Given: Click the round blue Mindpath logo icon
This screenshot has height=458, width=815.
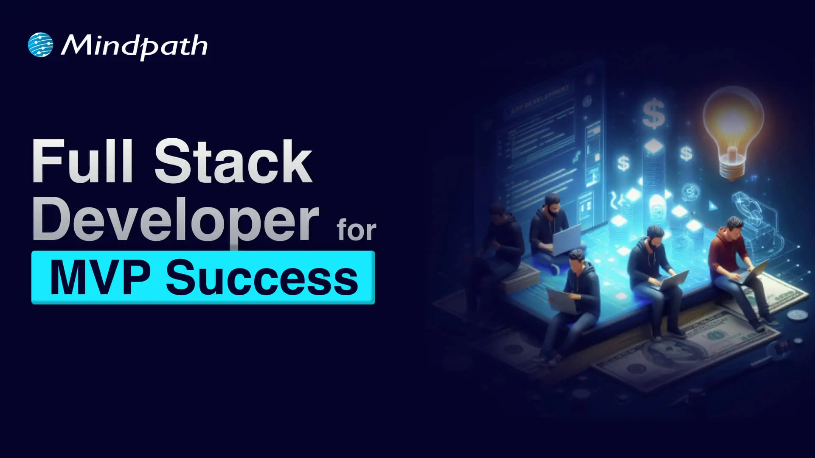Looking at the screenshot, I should point(40,45).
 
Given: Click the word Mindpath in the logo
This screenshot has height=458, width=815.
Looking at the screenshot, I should point(134,46).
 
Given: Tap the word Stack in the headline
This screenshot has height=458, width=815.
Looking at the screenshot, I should point(233,162).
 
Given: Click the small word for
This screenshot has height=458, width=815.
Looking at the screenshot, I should point(356,230).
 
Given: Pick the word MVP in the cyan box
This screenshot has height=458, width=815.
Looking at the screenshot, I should point(100,278).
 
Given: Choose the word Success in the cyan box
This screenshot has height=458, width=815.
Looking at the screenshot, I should point(262,278).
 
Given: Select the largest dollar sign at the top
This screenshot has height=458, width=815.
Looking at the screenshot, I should point(654,113).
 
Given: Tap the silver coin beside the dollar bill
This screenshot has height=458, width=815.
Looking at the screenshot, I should point(797,315).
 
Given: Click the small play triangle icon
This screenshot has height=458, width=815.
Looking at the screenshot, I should point(713,207).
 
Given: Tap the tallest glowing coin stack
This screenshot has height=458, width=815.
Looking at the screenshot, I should point(654,170).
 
